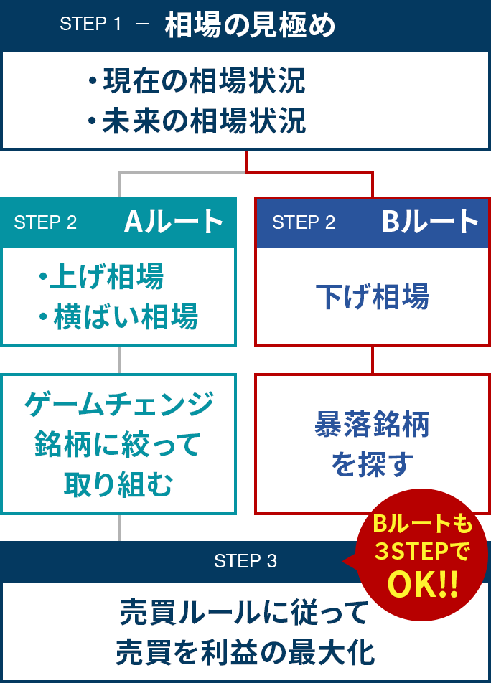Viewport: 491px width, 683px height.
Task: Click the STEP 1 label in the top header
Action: [x=90, y=24]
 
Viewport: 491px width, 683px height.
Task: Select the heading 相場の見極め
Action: [x=250, y=25]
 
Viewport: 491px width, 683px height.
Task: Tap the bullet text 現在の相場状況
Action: [x=204, y=81]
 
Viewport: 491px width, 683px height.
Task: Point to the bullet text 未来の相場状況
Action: [x=204, y=121]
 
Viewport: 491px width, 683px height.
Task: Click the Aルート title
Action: [x=174, y=222]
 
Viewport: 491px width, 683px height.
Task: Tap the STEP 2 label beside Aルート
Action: [x=45, y=222]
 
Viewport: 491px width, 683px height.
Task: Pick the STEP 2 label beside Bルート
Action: [x=303, y=222]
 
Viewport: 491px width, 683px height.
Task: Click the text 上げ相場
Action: [x=106, y=276]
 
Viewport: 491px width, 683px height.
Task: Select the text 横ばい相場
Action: [x=126, y=316]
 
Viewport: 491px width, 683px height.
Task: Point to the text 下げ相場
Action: [x=372, y=296]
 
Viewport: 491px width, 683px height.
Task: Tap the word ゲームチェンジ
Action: [x=119, y=404]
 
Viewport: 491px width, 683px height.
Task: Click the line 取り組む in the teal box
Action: [x=118, y=485]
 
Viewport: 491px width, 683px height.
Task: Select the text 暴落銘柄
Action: [x=372, y=425]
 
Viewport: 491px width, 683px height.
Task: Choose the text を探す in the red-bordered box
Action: [x=372, y=464]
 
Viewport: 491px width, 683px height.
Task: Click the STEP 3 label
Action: [x=245, y=561]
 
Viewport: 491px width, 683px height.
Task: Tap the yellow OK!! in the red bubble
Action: [x=422, y=584]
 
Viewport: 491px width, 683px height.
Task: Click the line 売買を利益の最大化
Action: [x=245, y=653]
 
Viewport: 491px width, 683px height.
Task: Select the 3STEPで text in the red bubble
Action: [x=422, y=552]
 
